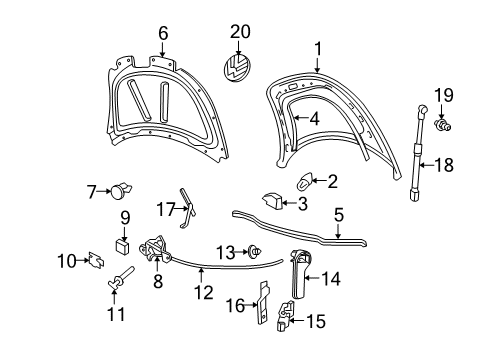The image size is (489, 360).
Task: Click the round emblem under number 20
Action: (x=238, y=67)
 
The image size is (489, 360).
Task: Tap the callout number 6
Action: (x=163, y=34)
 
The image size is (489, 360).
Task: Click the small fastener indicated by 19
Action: (x=442, y=124)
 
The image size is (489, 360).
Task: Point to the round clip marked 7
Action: (x=120, y=191)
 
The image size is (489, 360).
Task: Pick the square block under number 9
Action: (x=122, y=247)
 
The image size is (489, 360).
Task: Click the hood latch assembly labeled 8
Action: (x=155, y=249)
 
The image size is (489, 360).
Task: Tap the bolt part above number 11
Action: (x=121, y=277)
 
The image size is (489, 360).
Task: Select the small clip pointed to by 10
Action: (x=96, y=260)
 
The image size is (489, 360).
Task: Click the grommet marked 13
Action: (x=256, y=252)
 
